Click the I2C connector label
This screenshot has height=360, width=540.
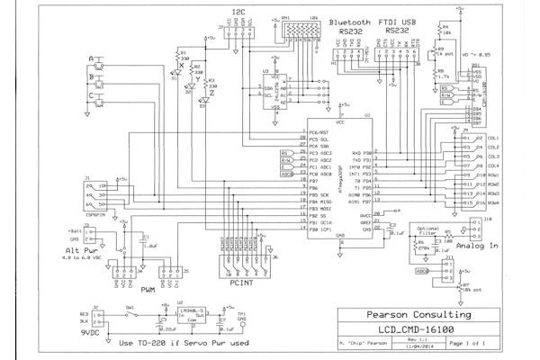click(x=237, y=12)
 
